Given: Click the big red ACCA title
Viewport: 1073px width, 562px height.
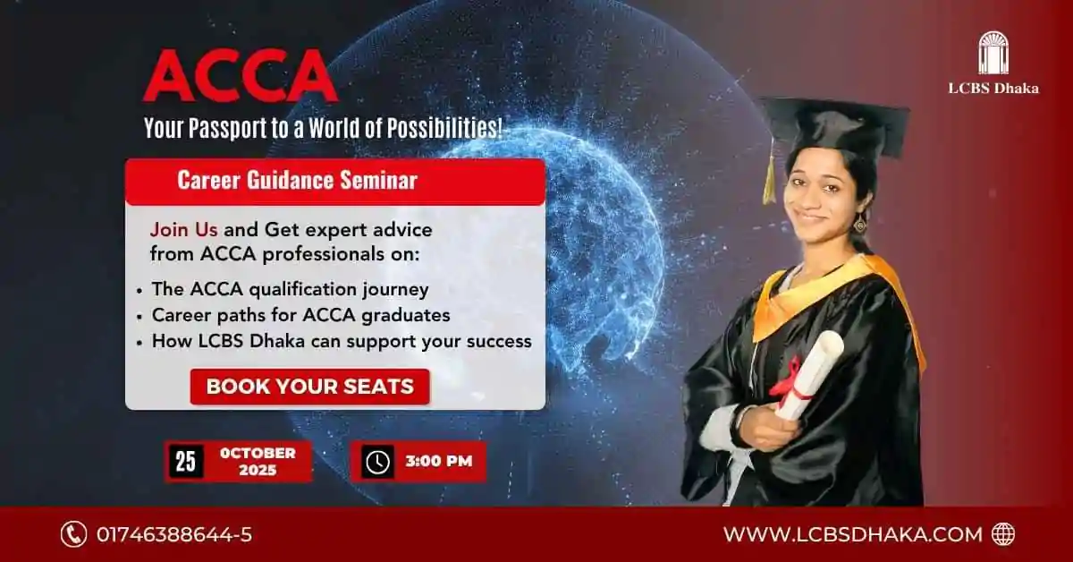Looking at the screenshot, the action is [x=241, y=75].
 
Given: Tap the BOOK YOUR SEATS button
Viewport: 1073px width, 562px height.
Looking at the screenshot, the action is [x=310, y=387].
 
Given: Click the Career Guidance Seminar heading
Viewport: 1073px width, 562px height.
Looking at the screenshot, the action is [x=297, y=180].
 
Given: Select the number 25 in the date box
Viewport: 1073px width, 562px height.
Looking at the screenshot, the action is [x=186, y=461].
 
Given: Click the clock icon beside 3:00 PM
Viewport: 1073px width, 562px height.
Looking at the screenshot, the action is [x=377, y=462].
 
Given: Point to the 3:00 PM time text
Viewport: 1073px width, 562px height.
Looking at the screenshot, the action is [x=439, y=461].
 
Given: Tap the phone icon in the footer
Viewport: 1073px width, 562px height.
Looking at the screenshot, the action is [x=73, y=534].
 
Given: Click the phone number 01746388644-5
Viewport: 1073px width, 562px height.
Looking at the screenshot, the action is [x=173, y=534].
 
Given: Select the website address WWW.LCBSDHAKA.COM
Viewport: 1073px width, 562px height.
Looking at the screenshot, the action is [x=853, y=534].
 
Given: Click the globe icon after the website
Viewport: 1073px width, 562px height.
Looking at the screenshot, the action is [x=1003, y=534].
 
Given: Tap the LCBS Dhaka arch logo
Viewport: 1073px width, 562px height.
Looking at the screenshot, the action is [x=993, y=53].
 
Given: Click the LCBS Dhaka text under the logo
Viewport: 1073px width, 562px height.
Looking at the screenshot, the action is [x=993, y=89].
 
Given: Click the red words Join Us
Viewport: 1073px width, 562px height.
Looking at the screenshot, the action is [x=183, y=230].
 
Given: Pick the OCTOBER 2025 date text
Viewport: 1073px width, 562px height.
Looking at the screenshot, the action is [x=258, y=461].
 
